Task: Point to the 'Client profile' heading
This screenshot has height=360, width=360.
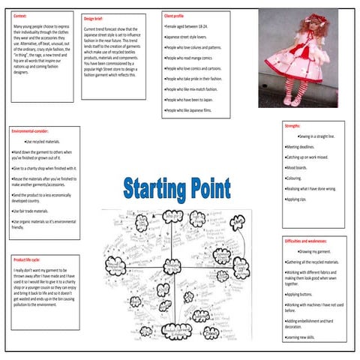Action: pos(175,15)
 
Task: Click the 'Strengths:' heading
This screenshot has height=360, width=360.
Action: pos(292,127)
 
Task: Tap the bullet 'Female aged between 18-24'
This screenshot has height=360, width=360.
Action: pos(186,25)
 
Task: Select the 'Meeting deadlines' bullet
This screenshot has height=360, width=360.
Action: pos(301,147)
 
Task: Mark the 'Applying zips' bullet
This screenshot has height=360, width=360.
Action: pos(296,199)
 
